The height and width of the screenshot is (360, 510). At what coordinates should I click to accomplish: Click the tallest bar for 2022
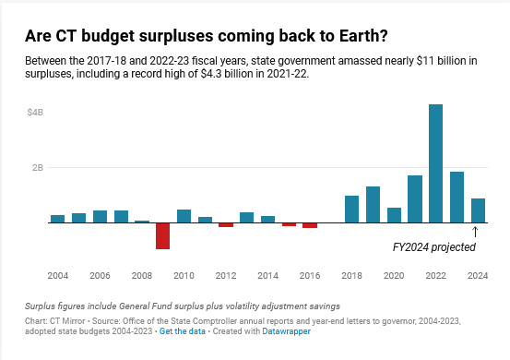pos(435,163)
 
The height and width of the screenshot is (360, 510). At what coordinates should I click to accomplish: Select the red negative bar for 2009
pos(162,235)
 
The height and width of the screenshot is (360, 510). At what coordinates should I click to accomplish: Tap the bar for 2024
pos(478,210)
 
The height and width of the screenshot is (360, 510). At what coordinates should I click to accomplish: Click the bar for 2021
pos(415,199)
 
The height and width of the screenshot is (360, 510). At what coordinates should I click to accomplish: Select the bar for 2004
pos(57,219)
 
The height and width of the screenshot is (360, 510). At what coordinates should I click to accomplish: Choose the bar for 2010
pos(184,216)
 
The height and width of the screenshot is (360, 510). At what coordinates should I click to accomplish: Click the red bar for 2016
pos(310,225)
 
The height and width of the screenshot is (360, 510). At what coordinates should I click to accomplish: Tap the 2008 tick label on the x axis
pos(142,276)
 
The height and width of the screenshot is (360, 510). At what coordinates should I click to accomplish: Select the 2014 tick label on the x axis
pos(267,276)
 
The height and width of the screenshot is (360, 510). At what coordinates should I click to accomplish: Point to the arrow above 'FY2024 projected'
pos(475,232)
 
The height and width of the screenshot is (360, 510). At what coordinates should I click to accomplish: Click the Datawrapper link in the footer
pos(289,330)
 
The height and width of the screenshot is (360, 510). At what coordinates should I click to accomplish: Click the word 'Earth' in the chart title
pos(326,36)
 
